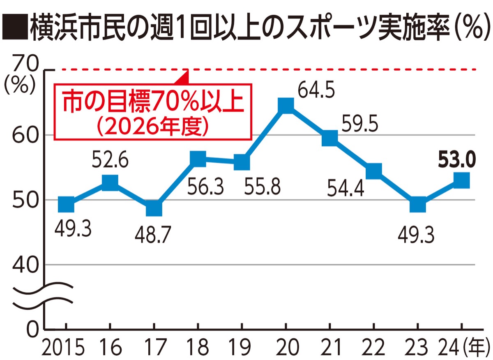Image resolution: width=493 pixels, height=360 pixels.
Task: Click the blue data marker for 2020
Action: pyautogui.click(x=286, y=106)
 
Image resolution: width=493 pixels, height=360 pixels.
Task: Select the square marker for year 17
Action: pyautogui.click(x=154, y=208)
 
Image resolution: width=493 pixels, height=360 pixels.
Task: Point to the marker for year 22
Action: pyautogui.click(x=374, y=171)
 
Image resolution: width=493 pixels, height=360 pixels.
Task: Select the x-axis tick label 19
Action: pyautogui.click(x=242, y=347)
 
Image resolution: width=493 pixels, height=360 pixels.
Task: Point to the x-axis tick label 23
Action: pyautogui.click(x=417, y=347)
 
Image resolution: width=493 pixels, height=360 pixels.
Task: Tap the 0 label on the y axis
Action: pyautogui.click(x=35, y=329)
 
